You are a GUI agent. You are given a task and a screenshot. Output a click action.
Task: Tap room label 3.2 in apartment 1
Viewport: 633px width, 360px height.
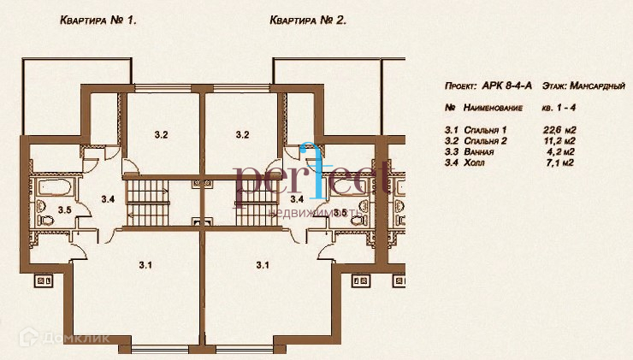[162, 134]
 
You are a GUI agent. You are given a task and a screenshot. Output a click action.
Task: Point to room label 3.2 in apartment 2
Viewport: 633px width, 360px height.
[241, 134]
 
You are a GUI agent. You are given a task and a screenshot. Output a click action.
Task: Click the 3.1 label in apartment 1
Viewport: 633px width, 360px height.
[145, 265]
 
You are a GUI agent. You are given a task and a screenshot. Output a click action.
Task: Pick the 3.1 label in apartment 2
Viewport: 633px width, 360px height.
[263, 265]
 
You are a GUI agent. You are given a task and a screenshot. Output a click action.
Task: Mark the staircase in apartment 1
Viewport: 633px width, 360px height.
[147, 201]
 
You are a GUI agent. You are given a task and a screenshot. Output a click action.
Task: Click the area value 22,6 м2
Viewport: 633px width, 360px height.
[558, 129]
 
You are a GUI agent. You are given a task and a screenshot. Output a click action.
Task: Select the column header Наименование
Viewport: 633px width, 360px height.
[494, 109]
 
